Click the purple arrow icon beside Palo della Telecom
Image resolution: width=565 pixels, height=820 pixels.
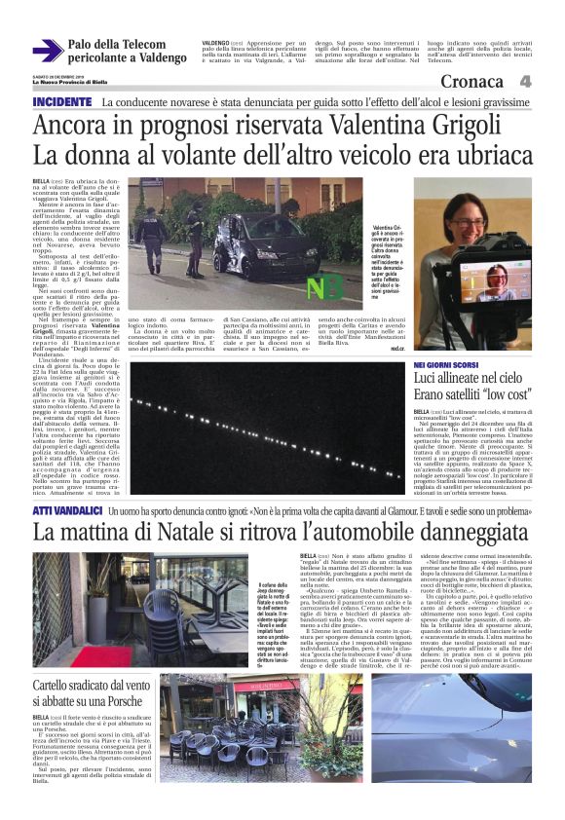click(x=48, y=51)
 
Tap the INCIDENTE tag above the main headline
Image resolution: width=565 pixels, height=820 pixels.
click(x=62, y=102)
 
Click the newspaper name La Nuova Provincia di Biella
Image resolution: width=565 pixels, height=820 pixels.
click(x=70, y=83)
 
